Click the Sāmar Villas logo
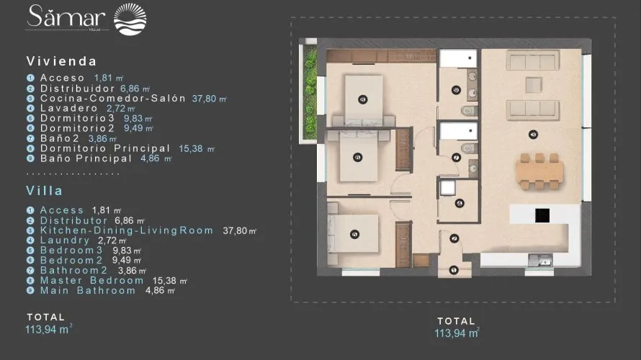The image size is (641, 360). click(86, 18)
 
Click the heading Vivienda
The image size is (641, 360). click(61, 61)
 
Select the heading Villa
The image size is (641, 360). click(45, 191)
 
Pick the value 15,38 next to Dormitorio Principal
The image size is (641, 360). click(189, 148)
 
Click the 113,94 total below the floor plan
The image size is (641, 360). click(457, 333)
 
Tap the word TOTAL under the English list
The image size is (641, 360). click(45, 317)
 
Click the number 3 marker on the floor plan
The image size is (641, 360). click(532, 133)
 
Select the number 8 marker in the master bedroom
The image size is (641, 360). click(355, 234)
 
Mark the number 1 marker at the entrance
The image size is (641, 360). click(453, 271)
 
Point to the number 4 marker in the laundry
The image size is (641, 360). click(460, 204)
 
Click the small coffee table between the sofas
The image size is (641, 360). click(533, 83)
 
